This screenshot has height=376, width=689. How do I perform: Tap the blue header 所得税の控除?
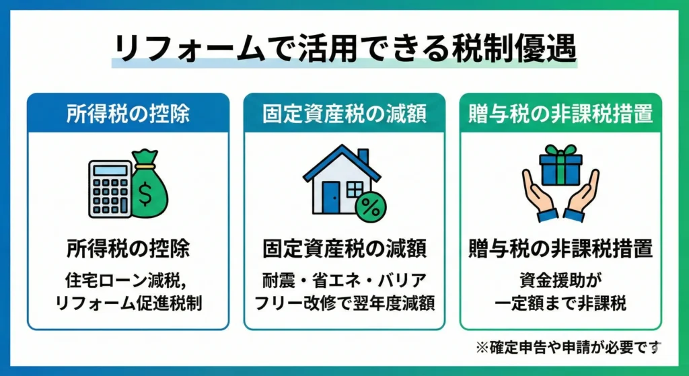pyautogui.click(x=128, y=114)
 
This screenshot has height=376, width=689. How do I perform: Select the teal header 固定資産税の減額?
pyautogui.click(x=344, y=114)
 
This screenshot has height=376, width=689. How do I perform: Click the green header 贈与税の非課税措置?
pyautogui.click(x=560, y=114)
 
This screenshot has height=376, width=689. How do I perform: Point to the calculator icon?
pyautogui.click(x=110, y=188)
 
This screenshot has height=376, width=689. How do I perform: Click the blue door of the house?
pyautogui.click(x=330, y=196)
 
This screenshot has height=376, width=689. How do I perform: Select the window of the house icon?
pyautogui.click(x=354, y=188)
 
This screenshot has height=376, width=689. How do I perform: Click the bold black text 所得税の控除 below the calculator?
pyautogui.click(x=128, y=248)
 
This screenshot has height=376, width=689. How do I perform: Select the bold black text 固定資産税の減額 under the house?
pyautogui.click(x=344, y=248)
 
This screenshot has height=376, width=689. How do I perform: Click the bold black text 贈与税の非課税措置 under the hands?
pyautogui.click(x=560, y=248)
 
